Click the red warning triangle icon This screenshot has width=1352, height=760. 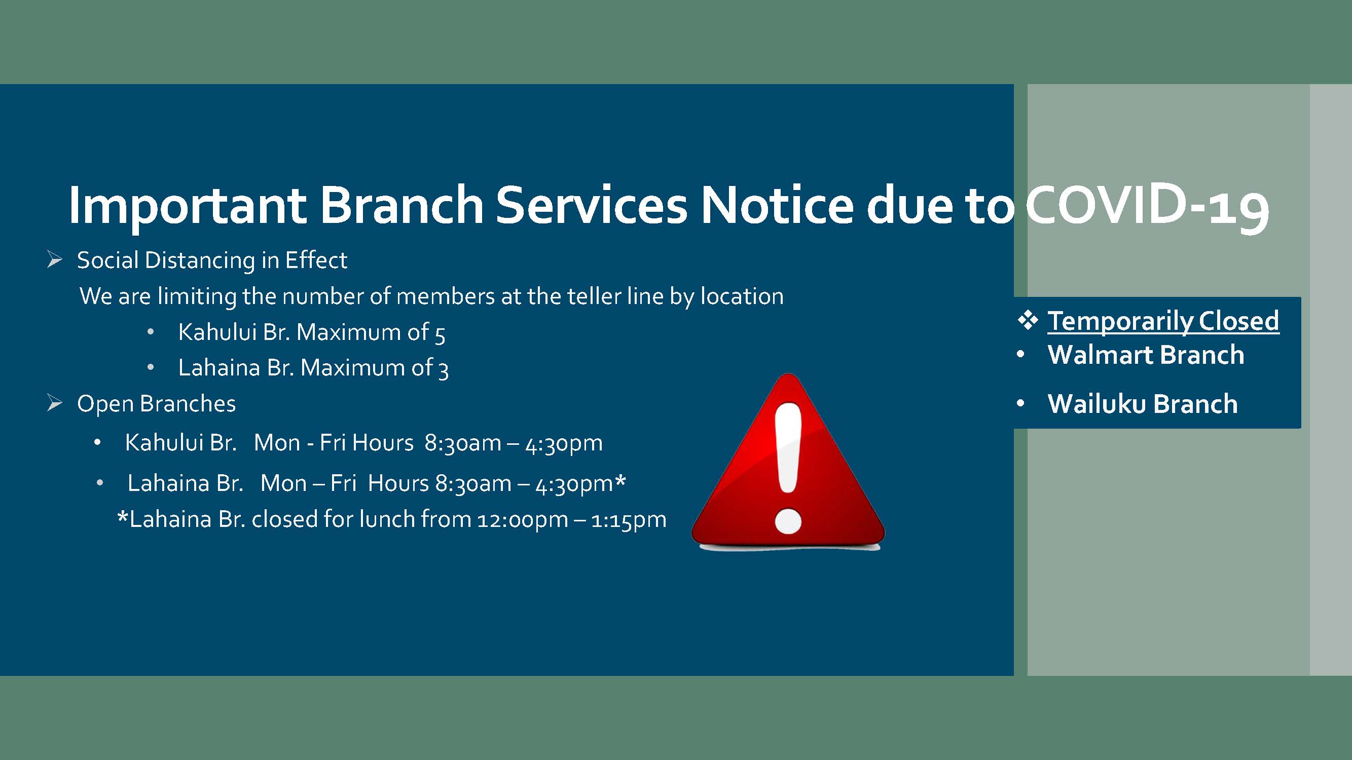788,462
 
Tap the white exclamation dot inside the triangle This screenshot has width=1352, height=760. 788,521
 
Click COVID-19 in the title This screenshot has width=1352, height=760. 1147,205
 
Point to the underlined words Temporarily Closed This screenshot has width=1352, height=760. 1163,321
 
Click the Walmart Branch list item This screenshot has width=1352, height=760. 1146,355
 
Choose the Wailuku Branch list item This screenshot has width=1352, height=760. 1142,404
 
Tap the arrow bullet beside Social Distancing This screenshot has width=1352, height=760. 55,259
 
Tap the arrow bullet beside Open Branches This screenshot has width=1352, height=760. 55,403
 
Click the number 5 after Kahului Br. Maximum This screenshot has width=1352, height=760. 440,334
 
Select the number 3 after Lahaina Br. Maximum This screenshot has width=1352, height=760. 444,370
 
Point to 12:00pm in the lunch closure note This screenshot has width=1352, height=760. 522,520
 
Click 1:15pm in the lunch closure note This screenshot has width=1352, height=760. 629,520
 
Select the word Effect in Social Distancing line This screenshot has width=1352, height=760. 316,260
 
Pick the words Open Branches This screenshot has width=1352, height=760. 157,404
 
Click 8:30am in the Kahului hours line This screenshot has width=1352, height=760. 463,443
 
